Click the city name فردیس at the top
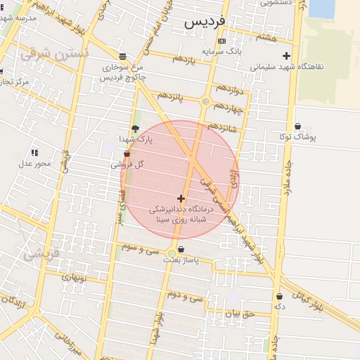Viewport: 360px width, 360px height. [205, 22]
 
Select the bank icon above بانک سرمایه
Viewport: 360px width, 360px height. [221, 41]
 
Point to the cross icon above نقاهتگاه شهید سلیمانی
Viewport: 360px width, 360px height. [286, 56]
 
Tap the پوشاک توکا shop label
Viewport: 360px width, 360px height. [298, 137]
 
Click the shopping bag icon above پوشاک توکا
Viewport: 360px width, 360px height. [298, 127]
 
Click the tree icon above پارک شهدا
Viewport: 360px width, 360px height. [135, 129]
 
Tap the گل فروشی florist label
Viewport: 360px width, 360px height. [127, 165]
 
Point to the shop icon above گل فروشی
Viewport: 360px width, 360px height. [127, 154]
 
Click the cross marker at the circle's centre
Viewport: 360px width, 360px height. [181, 199]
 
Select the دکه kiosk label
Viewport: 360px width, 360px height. [279, 307]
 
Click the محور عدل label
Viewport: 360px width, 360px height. [34, 163]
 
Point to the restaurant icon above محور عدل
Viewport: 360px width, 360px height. [34, 153]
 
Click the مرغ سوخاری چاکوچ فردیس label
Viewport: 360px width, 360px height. [123, 72]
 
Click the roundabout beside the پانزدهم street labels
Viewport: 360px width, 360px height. [205, 101]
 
